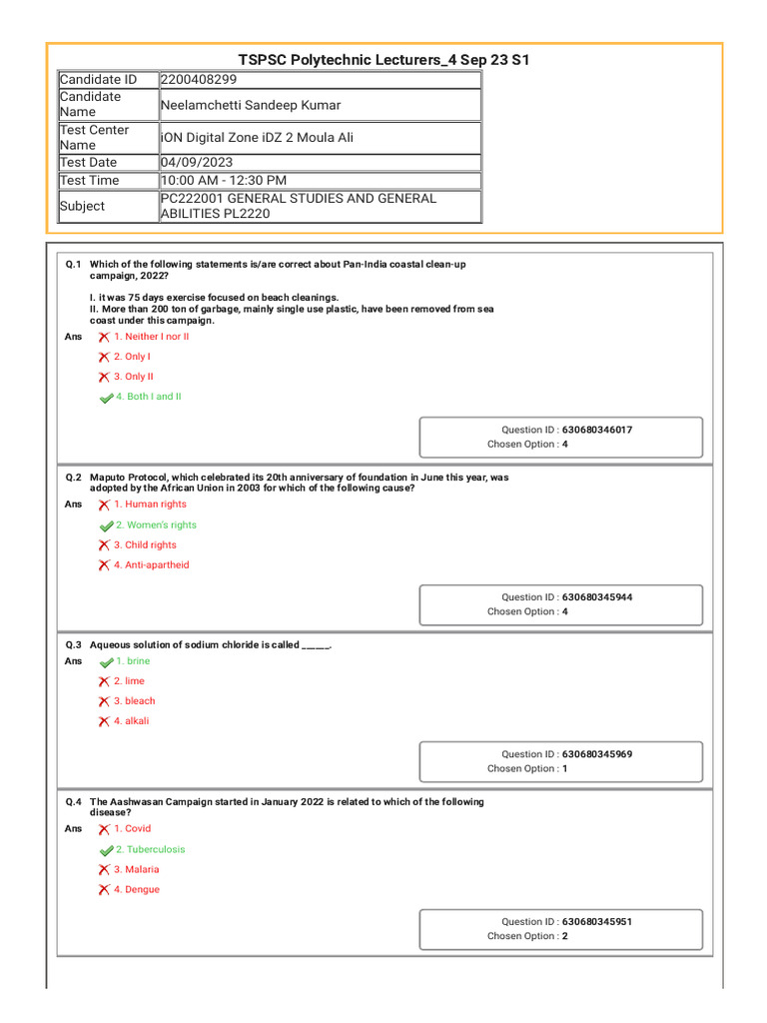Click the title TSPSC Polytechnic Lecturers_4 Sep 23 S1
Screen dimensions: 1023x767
point(383,60)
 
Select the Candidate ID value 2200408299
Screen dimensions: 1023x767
point(198,80)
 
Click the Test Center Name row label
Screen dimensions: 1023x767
point(94,137)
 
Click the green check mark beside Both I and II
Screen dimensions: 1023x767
point(106,398)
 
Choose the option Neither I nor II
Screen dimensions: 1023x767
point(151,337)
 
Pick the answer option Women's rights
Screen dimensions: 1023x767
point(156,524)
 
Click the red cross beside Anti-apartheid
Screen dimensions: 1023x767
point(104,565)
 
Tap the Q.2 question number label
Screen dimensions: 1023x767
point(73,478)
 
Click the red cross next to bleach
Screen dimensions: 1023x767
point(104,701)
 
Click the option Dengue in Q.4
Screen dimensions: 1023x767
point(142,889)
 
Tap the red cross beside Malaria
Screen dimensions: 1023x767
point(104,870)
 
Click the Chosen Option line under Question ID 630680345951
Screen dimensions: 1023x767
point(527,936)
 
